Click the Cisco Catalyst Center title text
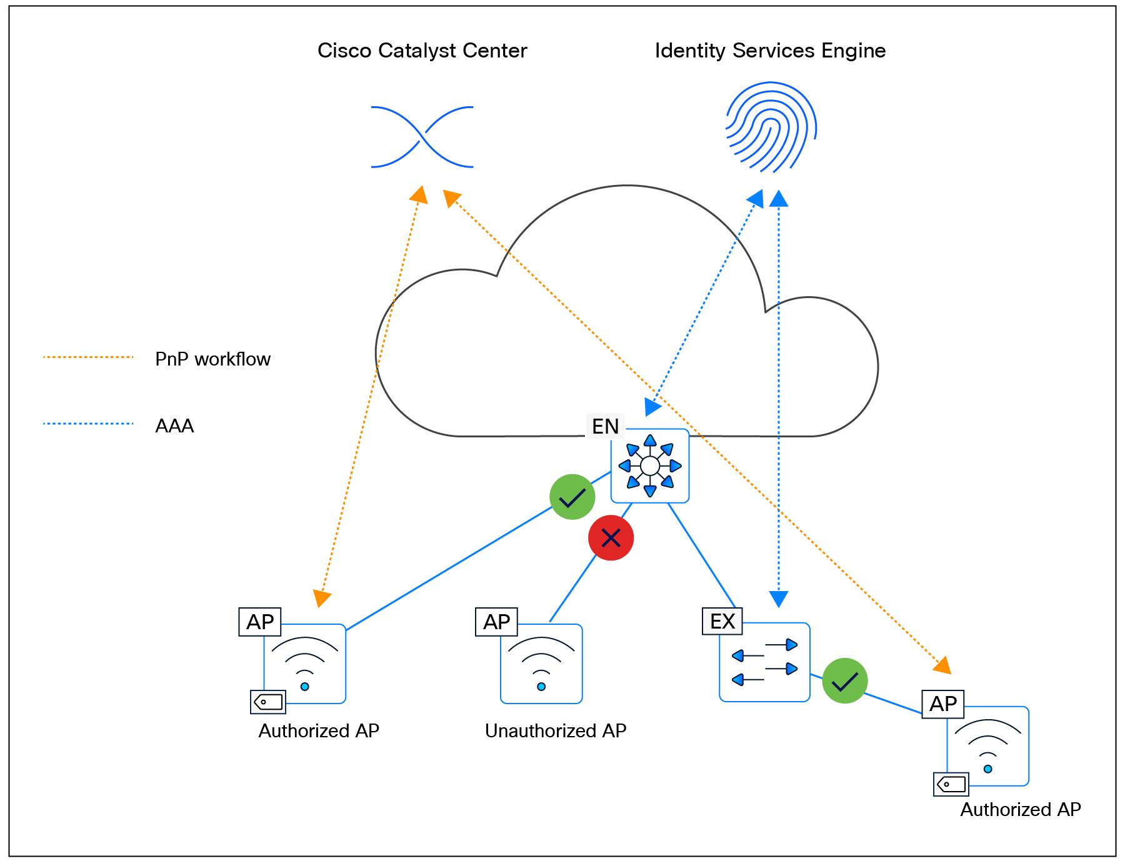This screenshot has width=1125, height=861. (x=422, y=51)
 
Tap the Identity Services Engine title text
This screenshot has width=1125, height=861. (x=770, y=51)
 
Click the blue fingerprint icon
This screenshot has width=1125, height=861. (x=771, y=127)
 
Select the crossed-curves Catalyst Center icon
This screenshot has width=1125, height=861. (x=422, y=137)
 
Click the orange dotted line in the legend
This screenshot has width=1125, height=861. (x=88, y=357)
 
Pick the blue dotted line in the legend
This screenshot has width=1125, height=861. (x=88, y=424)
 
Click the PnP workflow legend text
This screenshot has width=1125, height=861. (x=212, y=359)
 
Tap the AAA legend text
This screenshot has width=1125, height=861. (x=174, y=426)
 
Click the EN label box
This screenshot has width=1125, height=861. (x=604, y=426)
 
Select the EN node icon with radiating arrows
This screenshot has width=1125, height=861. (x=650, y=465)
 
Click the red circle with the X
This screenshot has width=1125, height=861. (x=611, y=538)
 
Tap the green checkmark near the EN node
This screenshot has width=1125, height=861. (x=572, y=497)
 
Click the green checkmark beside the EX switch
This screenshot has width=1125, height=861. (x=844, y=681)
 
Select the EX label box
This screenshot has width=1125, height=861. (x=722, y=621)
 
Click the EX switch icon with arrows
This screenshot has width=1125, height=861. (x=764, y=662)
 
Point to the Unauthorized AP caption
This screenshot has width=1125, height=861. (x=556, y=730)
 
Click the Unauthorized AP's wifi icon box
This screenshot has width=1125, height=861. (x=541, y=664)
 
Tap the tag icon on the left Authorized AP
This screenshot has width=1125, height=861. (x=268, y=702)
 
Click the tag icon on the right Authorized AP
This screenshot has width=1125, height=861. (x=951, y=784)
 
